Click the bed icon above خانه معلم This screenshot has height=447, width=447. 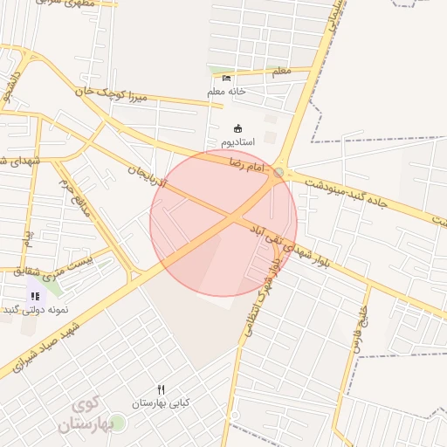pyautogui.click(x=227, y=79)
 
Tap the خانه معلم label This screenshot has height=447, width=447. pyautogui.click(x=227, y=91)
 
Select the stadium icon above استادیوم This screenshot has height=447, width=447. pyautogui.click(x=238, y=128)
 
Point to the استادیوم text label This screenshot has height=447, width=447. pyautogui.click(x=237, y=141)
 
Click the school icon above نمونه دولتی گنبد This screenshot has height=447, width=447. pyautogui.click(x=35, y=296)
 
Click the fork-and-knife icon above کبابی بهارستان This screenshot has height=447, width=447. pyautogui.click(x=161, y=389)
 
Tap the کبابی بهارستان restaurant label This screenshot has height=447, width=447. pyautogui.click(x=161, y=403)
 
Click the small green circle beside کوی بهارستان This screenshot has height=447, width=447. pyautogui.click(x=118, y=423)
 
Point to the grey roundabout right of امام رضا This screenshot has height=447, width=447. pyautogui.click(x=279, y=173)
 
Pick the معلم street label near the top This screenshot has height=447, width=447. pyautogui.click(x=281, y=74)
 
